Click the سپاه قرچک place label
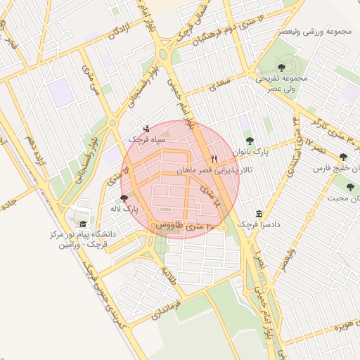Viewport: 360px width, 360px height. pyautogui.click(x=146, y=140)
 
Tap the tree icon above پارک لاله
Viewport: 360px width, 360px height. pyautogui.click(x=125, y=199)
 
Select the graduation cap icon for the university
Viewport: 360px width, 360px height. pyautogui.click(x=83, y=224)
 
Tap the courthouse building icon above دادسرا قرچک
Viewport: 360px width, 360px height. pyautogui.click(x=259, y=214)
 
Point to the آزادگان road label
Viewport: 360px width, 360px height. pyautogui.click(x=120, y=34)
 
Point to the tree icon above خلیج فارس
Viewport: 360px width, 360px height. pyautogui.click(x=343, y=158)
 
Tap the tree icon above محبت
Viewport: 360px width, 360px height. pyautogui.click(x=350, y=187)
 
